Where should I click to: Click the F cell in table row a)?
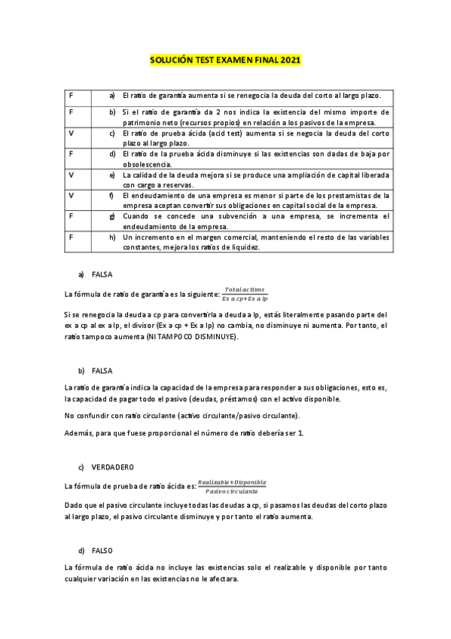tap(71, 96)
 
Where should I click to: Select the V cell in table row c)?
tap(71, 133)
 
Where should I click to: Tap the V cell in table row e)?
tap(71, 175)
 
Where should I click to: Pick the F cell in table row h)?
tap(71, 237)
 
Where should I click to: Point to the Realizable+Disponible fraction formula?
tap(231, 486)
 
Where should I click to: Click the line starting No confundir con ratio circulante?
tap(181, 415)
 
